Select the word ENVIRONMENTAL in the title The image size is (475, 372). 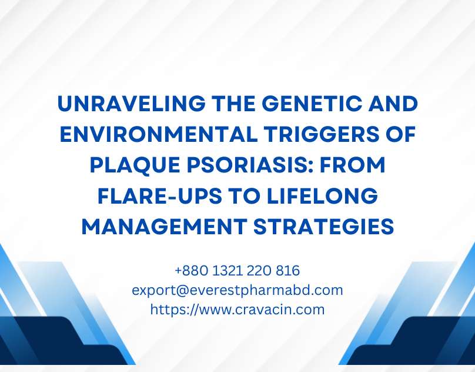tap(159, 134)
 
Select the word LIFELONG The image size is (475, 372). tap(323, 196)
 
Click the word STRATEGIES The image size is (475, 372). tap(323, 227)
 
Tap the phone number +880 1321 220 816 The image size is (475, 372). tap(237, 270)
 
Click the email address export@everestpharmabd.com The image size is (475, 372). tap(237, 290)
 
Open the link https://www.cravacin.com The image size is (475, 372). tap(237, 310)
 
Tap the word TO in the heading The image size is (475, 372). tap(245, 196)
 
